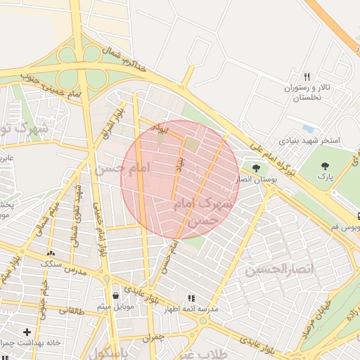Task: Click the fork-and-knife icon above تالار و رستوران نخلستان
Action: [307, 77]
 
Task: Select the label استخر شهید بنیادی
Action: [309, 141]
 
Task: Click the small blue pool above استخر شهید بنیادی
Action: [307, 129]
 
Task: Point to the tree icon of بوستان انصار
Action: [255, 168]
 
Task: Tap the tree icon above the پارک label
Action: [324, 166]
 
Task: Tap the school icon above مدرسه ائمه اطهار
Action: [191, 298]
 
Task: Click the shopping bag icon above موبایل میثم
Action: [115, 295]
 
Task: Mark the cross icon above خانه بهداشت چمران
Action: [27, 331]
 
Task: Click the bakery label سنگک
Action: [51, 264]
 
